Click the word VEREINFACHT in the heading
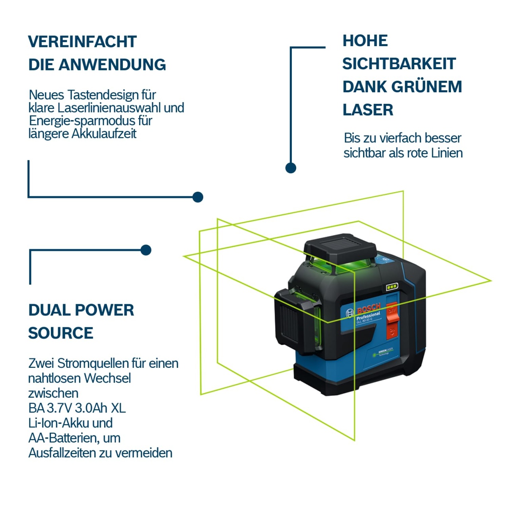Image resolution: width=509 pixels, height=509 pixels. coord(82,42)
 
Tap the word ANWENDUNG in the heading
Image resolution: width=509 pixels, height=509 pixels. coord(112,65)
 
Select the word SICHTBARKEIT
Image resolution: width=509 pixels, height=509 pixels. coord(399,64)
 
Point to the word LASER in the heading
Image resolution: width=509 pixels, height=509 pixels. coord(368,110)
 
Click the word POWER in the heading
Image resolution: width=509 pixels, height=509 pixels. coord(104,310)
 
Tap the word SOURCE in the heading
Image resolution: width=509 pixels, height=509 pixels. coord(60,333)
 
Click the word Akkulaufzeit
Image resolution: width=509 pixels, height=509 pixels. coord(104,134)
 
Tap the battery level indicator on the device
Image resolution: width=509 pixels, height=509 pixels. coord(392,287)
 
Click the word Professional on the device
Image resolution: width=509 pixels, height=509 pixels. coord(368,316)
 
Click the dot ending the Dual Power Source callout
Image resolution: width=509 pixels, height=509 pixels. coord(146,250)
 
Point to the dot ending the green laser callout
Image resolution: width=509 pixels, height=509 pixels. coord(291,168)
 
